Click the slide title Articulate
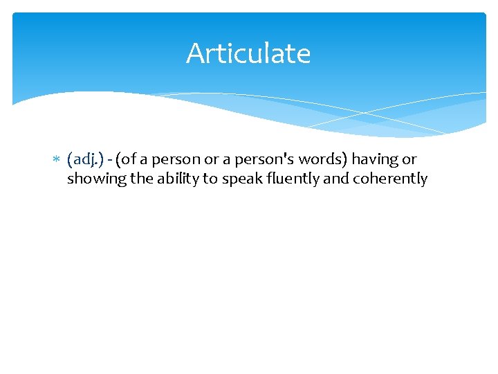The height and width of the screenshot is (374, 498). tap(248, 53)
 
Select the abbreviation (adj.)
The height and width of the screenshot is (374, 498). tap(86, 160)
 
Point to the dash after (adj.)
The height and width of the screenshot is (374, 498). tap(110, 160)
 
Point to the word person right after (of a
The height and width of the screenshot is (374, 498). tap(176, 160)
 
